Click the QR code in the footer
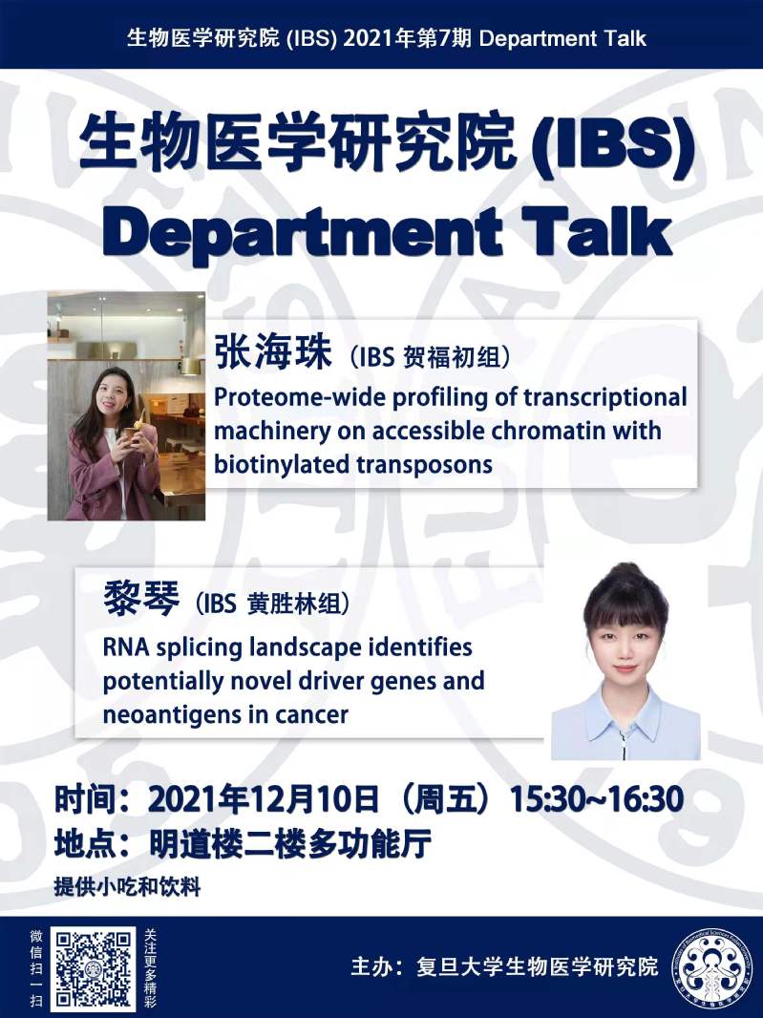click(x=94, y=968)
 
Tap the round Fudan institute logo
click(x=710, y=967)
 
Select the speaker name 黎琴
click(x=141, y=599)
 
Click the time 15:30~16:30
click(x=596, y=798)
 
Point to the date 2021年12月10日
click(x=263, y=798)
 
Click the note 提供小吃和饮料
click(x=127, y=887)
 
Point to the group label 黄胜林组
click(x=294, y=604)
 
